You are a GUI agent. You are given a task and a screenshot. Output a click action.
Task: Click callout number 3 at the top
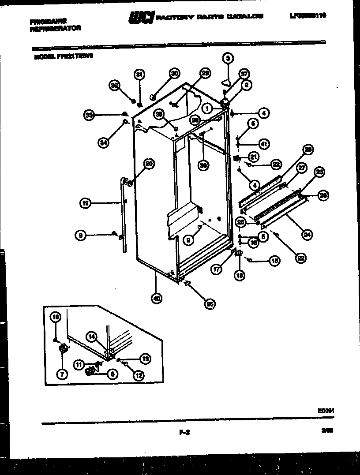(x=228, y=58)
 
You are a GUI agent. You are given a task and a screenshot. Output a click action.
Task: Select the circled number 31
(x=139, y=74)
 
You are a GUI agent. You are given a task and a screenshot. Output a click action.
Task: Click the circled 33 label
(x=89, y=116)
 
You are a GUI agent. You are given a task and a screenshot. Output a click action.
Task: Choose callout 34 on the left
(x=103, y=142)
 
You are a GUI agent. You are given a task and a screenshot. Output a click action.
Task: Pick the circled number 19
(x=85, y=203)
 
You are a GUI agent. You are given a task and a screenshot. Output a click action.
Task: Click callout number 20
(x=149, y=164)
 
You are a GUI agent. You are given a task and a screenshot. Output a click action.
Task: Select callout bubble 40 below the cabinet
(x=156, y=298)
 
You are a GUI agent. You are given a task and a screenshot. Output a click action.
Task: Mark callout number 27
(x=301, y=168)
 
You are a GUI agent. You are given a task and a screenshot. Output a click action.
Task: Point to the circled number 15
(x=274, y=261)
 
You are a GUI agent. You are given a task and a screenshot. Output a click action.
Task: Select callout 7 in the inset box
(x=61, y=374)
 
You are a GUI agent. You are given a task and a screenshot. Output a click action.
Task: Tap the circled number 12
(x=139, y=376)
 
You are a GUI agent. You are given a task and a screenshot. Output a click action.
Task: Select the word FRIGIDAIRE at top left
(x=49, y=20)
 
